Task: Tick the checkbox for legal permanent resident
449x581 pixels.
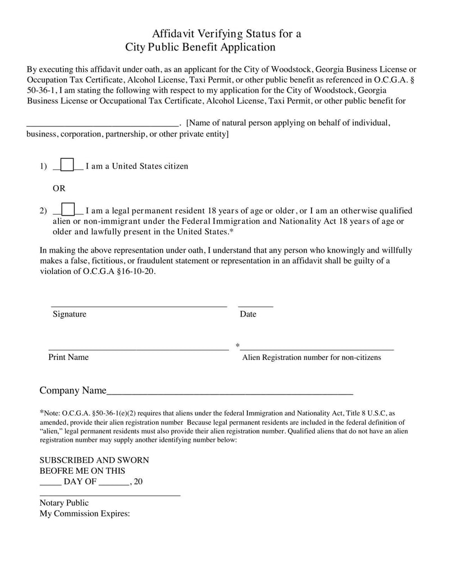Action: pos(68,210)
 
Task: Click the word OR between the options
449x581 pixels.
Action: pos(59,188)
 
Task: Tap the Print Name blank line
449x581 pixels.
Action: pos(139,349)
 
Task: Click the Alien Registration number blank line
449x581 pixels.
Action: pos(317,349)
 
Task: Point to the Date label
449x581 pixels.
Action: pos(248,314)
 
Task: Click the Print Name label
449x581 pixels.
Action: pos(68,357)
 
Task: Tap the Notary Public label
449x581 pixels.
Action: pos(64,503)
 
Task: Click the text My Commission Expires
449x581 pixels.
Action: pos(85,513)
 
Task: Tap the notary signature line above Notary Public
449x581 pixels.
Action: pos(110,495)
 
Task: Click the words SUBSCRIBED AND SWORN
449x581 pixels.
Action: pos(94,460)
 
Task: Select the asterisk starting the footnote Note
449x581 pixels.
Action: pos(42,411)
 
